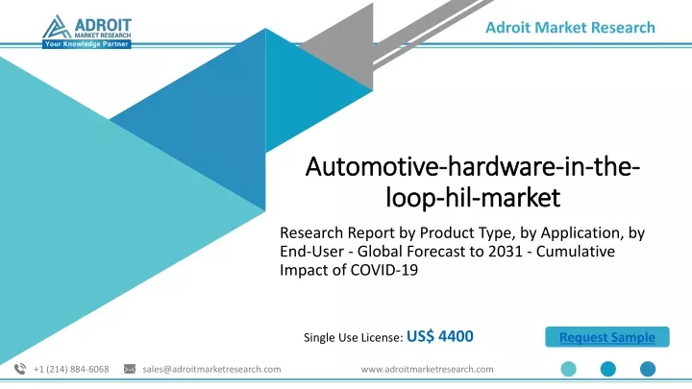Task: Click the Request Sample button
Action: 606,337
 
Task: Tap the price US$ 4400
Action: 440,336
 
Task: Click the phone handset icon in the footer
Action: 20,369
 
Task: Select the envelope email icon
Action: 130,369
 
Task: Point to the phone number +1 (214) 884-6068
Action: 71,369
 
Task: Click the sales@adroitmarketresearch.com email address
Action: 211,369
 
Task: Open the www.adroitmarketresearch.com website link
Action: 427,369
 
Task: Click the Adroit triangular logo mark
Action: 57,27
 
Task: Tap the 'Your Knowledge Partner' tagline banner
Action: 86,44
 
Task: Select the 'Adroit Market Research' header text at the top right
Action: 570,27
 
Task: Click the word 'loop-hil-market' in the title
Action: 473,197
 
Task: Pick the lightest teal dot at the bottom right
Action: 568,369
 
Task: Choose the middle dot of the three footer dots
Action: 608,369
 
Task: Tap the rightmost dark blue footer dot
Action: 648,369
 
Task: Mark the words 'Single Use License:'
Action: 354,337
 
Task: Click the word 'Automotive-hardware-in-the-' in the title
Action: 473,167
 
